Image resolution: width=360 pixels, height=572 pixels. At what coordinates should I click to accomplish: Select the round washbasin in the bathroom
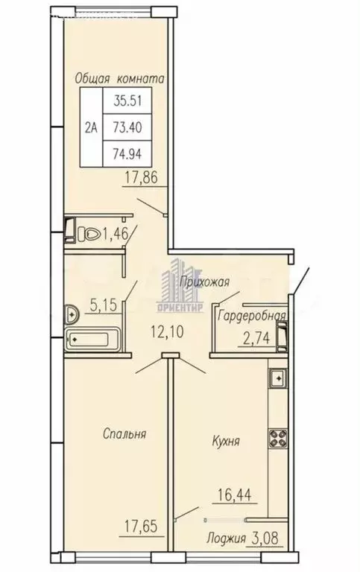click(72, 313)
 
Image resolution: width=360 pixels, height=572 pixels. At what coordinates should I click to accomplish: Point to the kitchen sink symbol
click(277, 378)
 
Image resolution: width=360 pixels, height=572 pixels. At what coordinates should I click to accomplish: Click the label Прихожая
click(203, 281)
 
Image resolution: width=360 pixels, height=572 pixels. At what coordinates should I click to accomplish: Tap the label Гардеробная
click(251, 316)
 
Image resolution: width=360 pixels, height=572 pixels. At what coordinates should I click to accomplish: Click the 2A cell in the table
click(92, 127)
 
